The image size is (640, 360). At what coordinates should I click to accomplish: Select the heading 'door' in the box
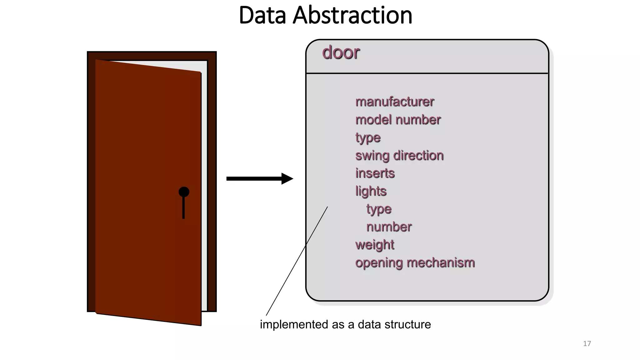[341, 52]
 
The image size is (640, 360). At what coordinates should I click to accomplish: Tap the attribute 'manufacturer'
[395, 102]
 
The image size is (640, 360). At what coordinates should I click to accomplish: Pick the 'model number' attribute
[398, 120]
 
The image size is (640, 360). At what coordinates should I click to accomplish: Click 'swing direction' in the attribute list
[399, 155]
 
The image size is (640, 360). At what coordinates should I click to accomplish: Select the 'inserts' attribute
[375, 173]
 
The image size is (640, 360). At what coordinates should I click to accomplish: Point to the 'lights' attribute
[371, 191]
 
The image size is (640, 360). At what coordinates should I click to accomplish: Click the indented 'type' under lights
[378, 209]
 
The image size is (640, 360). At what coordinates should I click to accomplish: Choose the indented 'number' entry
[389, 227]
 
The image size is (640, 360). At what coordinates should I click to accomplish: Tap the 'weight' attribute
[374, 245]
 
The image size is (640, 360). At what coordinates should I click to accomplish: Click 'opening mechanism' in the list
[415, 262]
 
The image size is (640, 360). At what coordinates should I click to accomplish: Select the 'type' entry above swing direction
[367, 137]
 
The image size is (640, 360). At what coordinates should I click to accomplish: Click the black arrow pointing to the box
[259, 179]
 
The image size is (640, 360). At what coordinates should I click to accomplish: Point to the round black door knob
[184, 192]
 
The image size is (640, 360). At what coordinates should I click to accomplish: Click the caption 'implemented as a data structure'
[345, 324]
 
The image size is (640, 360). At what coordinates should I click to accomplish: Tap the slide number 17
[587, 343]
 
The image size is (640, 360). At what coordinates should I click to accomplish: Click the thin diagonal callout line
[297, 261]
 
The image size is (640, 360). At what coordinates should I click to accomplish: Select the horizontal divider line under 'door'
[427, 73]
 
